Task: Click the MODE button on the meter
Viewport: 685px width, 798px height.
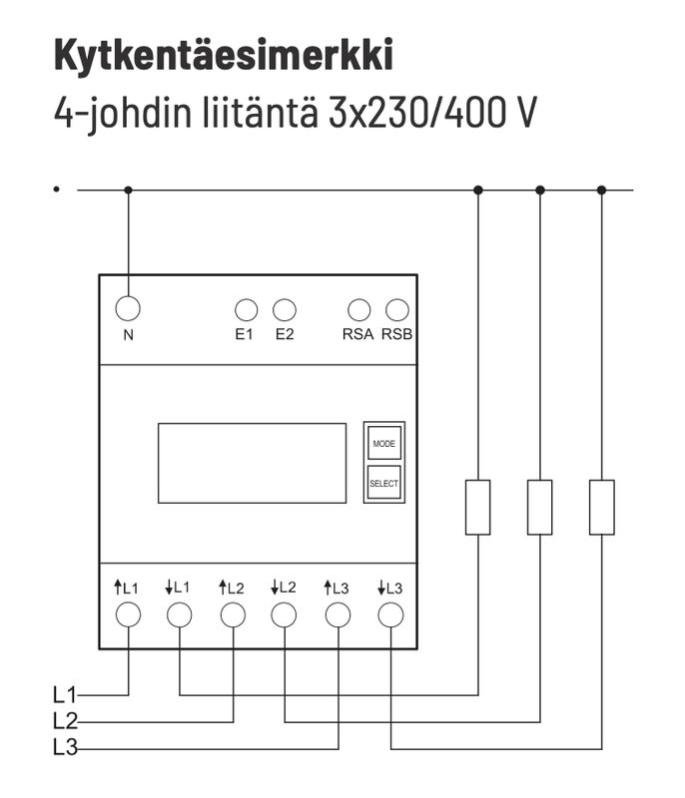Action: [383, 442]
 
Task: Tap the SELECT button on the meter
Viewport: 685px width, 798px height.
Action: [383, 483]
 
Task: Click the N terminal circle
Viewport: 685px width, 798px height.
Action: [128, 308]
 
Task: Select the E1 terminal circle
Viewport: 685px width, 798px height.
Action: [246, 310]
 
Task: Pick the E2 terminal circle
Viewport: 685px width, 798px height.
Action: [285, 310]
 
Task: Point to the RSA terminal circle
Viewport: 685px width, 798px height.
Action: [358, 310]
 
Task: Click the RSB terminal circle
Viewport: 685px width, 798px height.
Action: [397, 310]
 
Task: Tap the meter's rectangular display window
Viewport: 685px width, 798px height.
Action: [252, 463]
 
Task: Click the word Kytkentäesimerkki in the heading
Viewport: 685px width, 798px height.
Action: [223, 56]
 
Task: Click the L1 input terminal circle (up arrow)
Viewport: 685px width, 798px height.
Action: [128, 614]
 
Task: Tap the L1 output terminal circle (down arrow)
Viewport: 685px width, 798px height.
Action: [180, 614]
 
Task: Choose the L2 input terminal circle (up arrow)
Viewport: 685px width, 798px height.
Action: [233, 614]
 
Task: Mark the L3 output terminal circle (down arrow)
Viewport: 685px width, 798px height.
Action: [390, 614]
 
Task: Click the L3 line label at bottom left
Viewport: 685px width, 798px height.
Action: [65, 747]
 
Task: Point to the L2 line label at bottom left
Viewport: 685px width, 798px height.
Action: [65, 719]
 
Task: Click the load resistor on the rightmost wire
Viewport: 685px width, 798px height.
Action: [601, 507]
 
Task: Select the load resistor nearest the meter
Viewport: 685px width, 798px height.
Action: [478, 507]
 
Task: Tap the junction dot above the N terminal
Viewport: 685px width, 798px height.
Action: [128, 190]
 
